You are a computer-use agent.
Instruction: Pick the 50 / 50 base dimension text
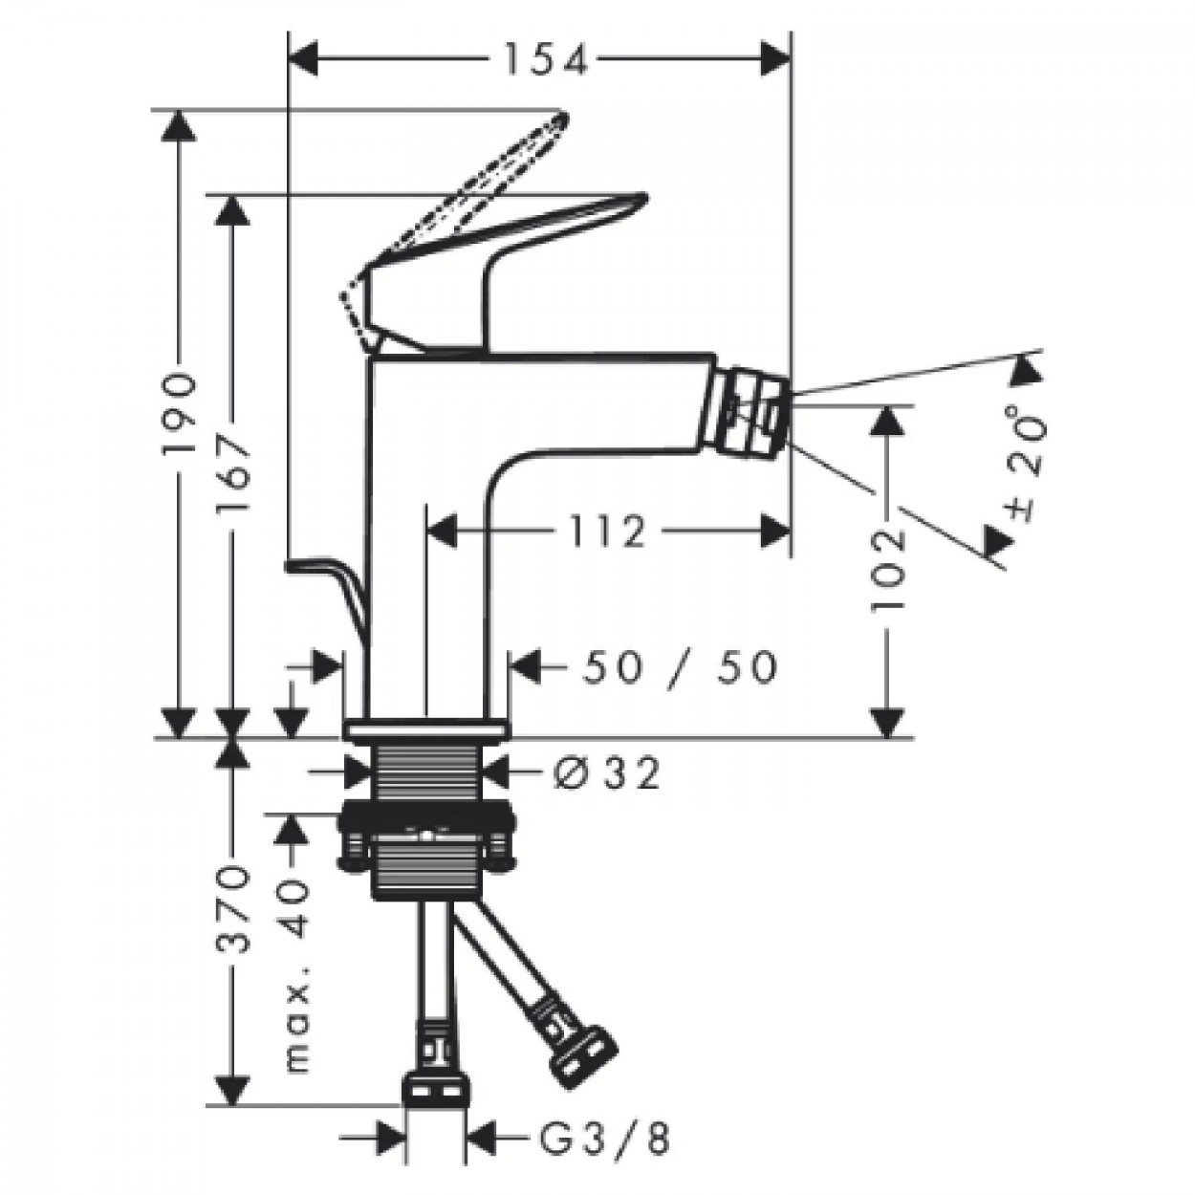(679, 667)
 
